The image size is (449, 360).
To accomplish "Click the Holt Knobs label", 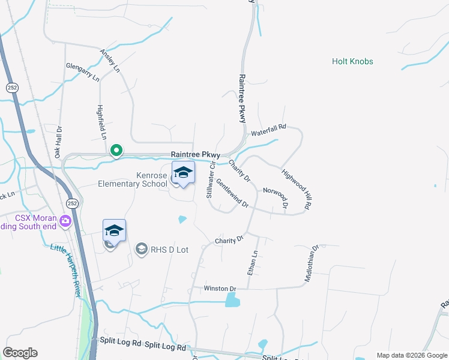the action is pyautogui.click(x=352, y=61).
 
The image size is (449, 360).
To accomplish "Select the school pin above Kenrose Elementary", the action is pyautogui.click(x=183, y=173).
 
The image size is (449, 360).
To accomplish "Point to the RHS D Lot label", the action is pyautogui.click(x=169, y=249).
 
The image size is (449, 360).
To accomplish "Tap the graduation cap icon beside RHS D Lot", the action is pyautogui.click(x=142, y=248).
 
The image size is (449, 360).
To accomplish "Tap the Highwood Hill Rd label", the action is pyautogui.click(x=297, y=188).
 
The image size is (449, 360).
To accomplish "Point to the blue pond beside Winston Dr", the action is pyautogui.click(x=232, y=299).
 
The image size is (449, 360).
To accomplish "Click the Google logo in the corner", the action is pyautogui.click(x=20, y=353).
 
